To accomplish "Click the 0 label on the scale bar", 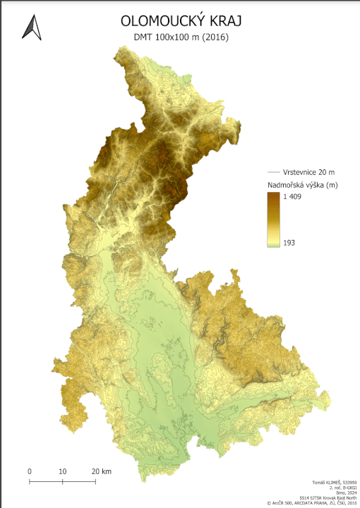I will [30, 471].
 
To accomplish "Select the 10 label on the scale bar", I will [62, 471].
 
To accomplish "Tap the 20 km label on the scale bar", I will [102, 471].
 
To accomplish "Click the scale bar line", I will [62, 481].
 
